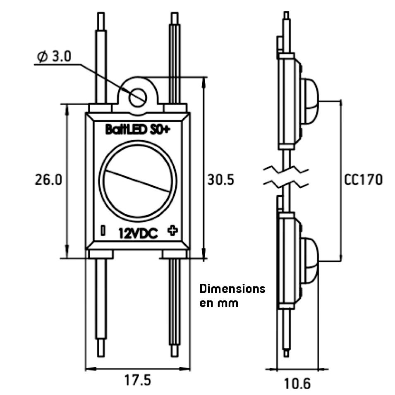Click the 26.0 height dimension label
(48, 180)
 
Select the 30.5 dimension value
(221, 180)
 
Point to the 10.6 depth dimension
(297, 383)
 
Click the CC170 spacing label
(363, 180)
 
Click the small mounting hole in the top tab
(138, 97)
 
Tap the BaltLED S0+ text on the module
(138, 129)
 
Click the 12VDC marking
(138, 233)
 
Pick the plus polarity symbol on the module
(173, 230)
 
